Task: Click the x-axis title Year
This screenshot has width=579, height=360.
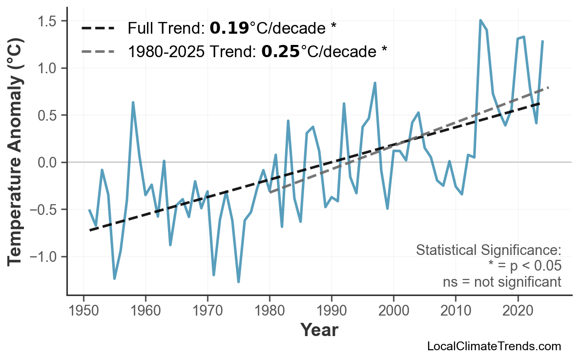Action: [x=319, y=331]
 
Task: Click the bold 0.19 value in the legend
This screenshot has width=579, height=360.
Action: [x=229, y=28]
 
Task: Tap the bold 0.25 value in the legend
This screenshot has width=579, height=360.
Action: [x=280, y=51]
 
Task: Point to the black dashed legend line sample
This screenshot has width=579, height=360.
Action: [x=98, y=28]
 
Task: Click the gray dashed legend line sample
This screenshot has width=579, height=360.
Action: [x=98, y=51]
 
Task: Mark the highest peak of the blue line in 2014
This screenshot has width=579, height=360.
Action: [x=480, y=21]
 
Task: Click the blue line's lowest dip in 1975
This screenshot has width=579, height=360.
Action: [x=239, y=282]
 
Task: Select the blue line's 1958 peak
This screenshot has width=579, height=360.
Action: [x=133, y=103]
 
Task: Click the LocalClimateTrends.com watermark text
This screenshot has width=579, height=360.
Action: [x=494, y=347]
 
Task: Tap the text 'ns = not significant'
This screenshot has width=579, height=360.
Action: [x=502, y=282]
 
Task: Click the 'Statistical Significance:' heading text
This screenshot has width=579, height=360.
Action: [x=488, y=250]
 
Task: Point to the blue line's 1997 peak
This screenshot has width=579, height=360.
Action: [x=375, y=83]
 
